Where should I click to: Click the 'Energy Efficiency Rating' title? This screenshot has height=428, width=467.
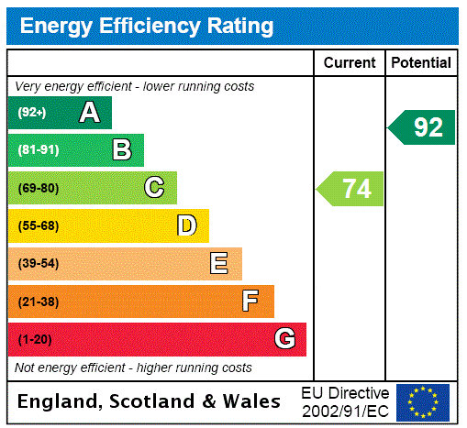tap(147, 27)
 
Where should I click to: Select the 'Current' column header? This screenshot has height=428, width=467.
tap(350, 63)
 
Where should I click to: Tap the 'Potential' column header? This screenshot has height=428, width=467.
tap(421, 63)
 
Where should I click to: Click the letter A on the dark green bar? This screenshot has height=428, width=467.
tap(89, 113)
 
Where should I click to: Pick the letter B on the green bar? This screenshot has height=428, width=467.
tap(121, 150)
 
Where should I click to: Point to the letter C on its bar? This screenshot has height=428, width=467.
tap(154, 188)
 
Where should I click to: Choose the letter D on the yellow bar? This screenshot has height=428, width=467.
tap(186, 225)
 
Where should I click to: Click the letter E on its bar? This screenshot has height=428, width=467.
tap(219, 264)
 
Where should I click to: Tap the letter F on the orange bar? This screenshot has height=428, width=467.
tap(250, 301)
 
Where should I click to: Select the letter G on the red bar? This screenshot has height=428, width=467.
tap(284, 339)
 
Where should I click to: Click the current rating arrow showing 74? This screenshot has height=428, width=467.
tap(351, 189)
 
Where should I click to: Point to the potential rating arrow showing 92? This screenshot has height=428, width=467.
tap(423, 126)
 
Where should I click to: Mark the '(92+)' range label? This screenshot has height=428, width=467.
tap(32, 114)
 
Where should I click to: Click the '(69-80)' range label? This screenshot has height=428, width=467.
tap(38, 189)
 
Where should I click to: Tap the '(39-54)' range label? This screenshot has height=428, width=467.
tap(38, 264)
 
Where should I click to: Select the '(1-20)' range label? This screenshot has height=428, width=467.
tap(35, 339)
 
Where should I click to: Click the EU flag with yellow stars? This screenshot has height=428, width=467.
tap(423, 401)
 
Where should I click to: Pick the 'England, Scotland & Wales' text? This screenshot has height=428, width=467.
tap(150, 401)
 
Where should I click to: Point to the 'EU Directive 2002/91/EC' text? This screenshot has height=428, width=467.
tap(345, 401)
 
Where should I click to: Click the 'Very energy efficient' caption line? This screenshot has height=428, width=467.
tap(135, 86)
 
